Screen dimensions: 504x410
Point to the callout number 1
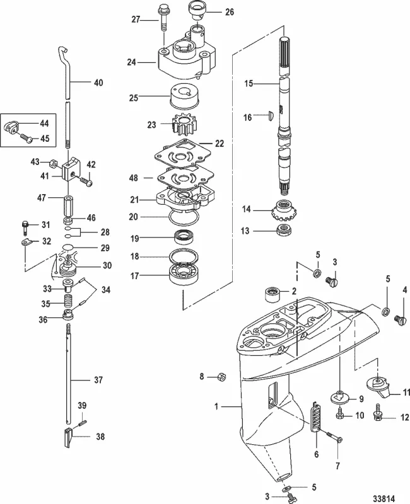tap(216, 408)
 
